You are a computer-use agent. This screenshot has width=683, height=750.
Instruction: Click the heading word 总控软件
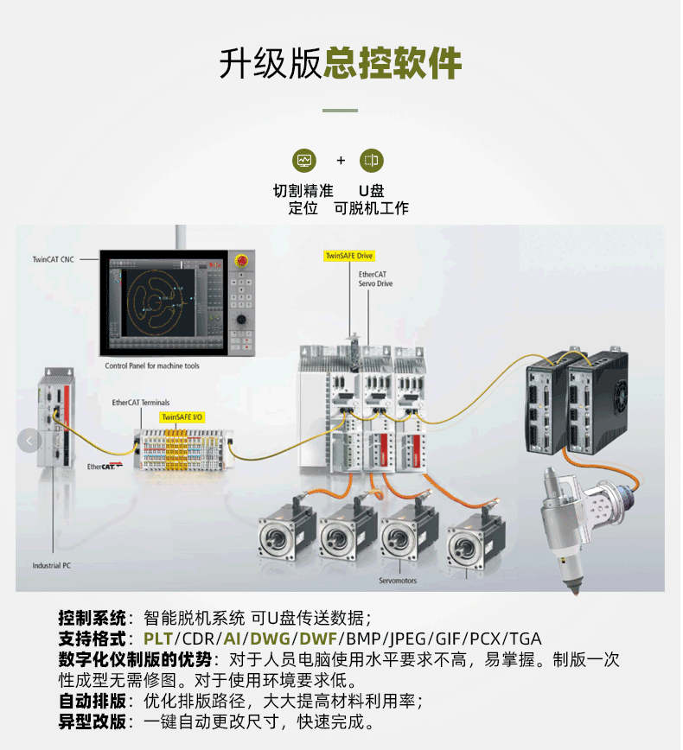(x=393, y=63)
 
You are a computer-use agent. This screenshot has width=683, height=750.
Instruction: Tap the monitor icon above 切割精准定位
(x=304, y=161)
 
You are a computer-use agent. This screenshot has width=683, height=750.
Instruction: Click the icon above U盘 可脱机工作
(x=371, y=161)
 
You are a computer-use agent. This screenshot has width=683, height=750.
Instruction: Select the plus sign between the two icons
(x=341, y=161)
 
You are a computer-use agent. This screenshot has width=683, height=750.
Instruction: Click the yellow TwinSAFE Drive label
(x=348, y=256)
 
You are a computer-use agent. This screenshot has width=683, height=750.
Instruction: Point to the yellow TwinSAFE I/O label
(x=182, y=416)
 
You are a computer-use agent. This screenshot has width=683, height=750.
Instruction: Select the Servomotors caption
(x=397, y=581)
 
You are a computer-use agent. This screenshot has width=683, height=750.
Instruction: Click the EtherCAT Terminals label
(x=141, y=403)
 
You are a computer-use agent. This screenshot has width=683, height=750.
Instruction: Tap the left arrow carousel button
(x=29, y=441)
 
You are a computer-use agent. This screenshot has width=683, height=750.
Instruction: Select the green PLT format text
(x=158, y=639)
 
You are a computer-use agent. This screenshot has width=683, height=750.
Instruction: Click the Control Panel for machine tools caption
(x=152, y=366)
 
